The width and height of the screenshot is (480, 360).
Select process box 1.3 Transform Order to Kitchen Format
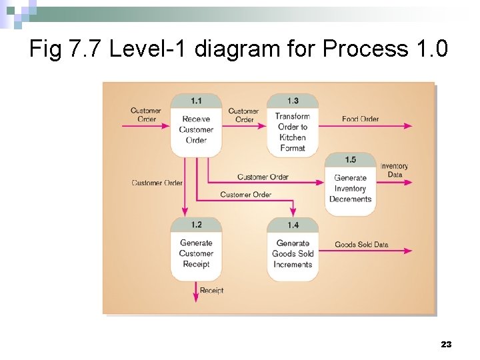pyautogui.click(x=293, y=127)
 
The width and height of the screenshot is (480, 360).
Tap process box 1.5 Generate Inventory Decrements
pyautogui.click(x=350, y=185)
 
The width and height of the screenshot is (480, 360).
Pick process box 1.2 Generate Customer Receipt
pyautogui.click(x=196, y=249)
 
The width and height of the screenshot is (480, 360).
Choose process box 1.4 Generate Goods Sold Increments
pyautogui.click(x=293, y=249)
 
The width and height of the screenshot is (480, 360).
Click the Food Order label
pyautogui.click(x=360, y=119)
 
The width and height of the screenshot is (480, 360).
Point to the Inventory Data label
pyautogui.click(x=394, y=171)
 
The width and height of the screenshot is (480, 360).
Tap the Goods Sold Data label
pyautogui.click(x=361, y=245)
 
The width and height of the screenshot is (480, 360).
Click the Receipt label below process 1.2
pyautogui.click(x=212, y=291)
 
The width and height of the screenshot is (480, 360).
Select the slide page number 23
pyautogui.click(x=446, y=344)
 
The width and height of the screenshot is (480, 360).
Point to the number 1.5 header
pyautogui.click(x=350, y=160)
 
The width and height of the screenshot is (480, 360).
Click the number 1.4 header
pyautogui.click(x=293, y=225)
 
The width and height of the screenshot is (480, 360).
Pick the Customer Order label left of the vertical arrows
pyautogui.click(x=157, y=183)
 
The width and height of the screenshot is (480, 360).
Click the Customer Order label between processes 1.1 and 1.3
pyautogui.click(x=244, y=115)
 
